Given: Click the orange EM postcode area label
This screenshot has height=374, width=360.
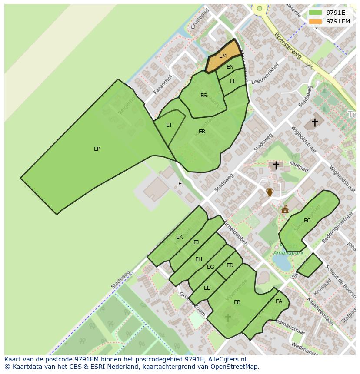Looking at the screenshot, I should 223,56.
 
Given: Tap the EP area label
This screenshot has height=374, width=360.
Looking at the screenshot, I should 97,149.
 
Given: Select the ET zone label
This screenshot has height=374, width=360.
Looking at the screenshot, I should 169,125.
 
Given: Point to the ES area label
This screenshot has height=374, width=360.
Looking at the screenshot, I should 203,96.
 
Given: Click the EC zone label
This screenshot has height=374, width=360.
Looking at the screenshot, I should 307,221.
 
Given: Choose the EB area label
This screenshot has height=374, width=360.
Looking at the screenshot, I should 237,302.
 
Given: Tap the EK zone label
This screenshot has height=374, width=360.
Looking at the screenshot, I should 180,237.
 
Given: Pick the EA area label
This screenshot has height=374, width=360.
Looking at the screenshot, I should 279,301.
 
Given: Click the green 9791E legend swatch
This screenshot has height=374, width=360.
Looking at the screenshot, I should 315,13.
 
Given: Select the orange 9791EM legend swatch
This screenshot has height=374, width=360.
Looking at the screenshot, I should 315,21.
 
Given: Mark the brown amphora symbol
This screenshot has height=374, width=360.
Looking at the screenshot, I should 270,192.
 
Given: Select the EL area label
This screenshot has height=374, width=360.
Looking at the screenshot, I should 233,81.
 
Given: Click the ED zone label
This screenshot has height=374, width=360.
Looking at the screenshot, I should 230,265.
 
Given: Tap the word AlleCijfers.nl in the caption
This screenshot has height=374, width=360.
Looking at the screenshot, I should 227,359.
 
